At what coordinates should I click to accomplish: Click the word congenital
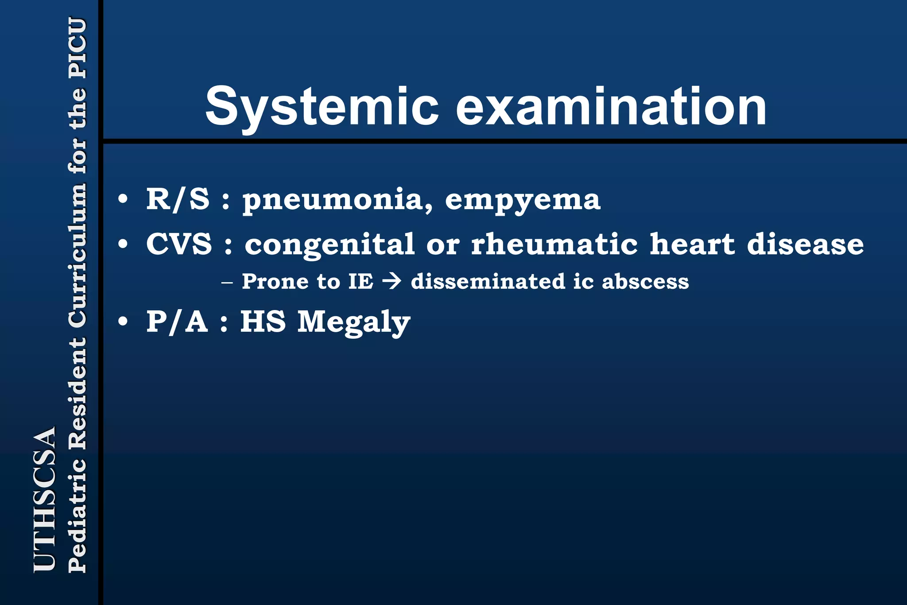[x=329, y=245]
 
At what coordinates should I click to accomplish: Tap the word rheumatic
[x=554, y=244]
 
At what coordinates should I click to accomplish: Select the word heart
[x=692, y=244]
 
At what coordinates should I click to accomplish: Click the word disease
[x=805, y=244]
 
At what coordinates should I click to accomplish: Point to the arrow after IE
[x=391, y=282]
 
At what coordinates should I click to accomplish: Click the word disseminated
[x=488, y=282]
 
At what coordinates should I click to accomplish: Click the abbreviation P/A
[x=177, y=322]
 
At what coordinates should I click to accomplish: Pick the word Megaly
[x=353, y=322]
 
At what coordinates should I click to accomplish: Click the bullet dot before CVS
[x=123, y=244]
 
